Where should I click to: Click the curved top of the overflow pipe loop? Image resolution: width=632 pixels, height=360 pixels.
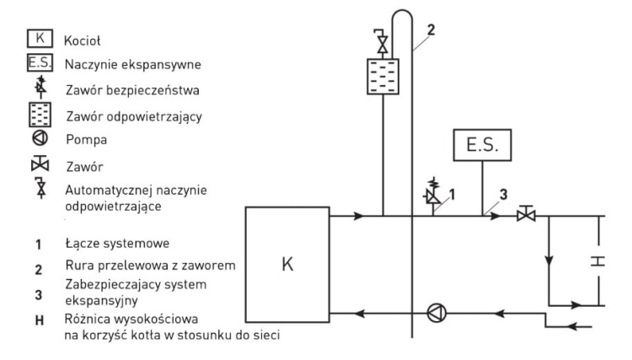click(x=403, y=12)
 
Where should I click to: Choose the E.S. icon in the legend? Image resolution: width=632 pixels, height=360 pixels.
click(x=39, y=63)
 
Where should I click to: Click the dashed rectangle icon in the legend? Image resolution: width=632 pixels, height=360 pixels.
click(x=39, y=111)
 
